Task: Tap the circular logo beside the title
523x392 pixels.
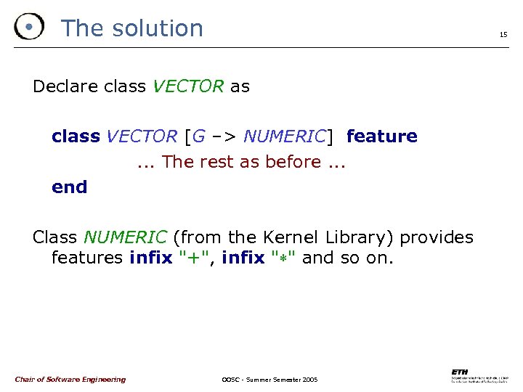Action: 28,28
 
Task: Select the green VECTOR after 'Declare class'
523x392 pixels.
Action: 188,87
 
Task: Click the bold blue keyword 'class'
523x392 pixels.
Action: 76,136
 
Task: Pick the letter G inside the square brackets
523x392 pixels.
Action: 198,136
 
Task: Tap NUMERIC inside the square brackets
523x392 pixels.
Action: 285,136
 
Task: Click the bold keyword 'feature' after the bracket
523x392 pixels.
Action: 382,136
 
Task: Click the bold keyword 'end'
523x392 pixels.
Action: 69,187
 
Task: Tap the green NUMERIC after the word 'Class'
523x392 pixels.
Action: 126,237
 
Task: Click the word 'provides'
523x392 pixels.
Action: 437,237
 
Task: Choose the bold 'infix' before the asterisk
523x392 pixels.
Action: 243,258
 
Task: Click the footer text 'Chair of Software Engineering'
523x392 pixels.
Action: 70,379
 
